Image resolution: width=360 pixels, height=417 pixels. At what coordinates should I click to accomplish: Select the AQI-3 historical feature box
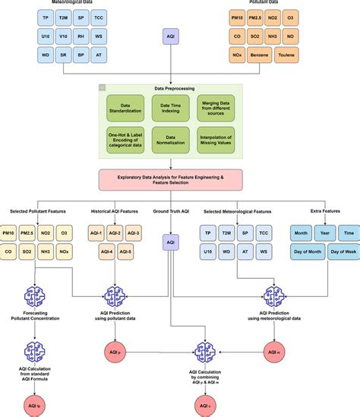click(x=134, y=232)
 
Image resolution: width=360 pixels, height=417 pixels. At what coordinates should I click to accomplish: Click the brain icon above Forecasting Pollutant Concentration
click(x=33, y=298)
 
